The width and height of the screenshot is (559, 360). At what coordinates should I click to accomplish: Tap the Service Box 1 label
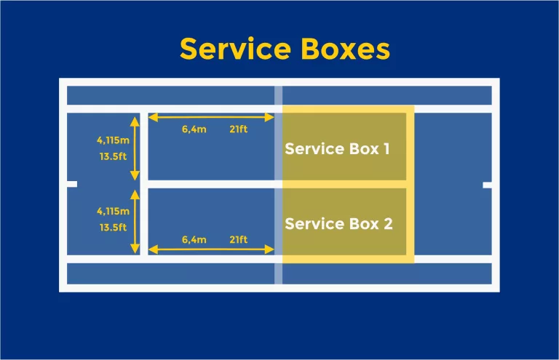pos(337,148)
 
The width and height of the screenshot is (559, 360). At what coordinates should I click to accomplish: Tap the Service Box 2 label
pos(338,223)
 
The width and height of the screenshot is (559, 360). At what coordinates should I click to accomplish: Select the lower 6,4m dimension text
pos(194,239)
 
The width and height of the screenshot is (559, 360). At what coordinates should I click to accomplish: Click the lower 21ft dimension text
pos(238,239)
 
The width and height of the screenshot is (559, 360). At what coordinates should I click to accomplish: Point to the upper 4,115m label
pos(113,140)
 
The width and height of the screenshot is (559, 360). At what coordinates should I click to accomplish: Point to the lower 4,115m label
pos(113,211)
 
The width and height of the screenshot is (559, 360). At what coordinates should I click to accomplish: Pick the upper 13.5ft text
pos(113,155)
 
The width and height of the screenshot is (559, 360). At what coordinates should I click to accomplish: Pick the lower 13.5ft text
pos(113,226)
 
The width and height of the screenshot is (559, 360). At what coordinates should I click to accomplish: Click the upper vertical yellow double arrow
pos(135,147)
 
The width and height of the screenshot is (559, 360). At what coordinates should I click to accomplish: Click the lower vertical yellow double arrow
pos(135,222)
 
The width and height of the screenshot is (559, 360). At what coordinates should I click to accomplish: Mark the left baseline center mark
pos(72,185)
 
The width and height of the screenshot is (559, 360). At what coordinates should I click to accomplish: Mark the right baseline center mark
pos(487,185)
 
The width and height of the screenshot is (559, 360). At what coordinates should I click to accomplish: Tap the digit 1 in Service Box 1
pos(386,148)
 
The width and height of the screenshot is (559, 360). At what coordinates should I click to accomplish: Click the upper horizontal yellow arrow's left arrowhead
pos(154,117)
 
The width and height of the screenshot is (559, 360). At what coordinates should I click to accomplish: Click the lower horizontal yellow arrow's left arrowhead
pos(154,250)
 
